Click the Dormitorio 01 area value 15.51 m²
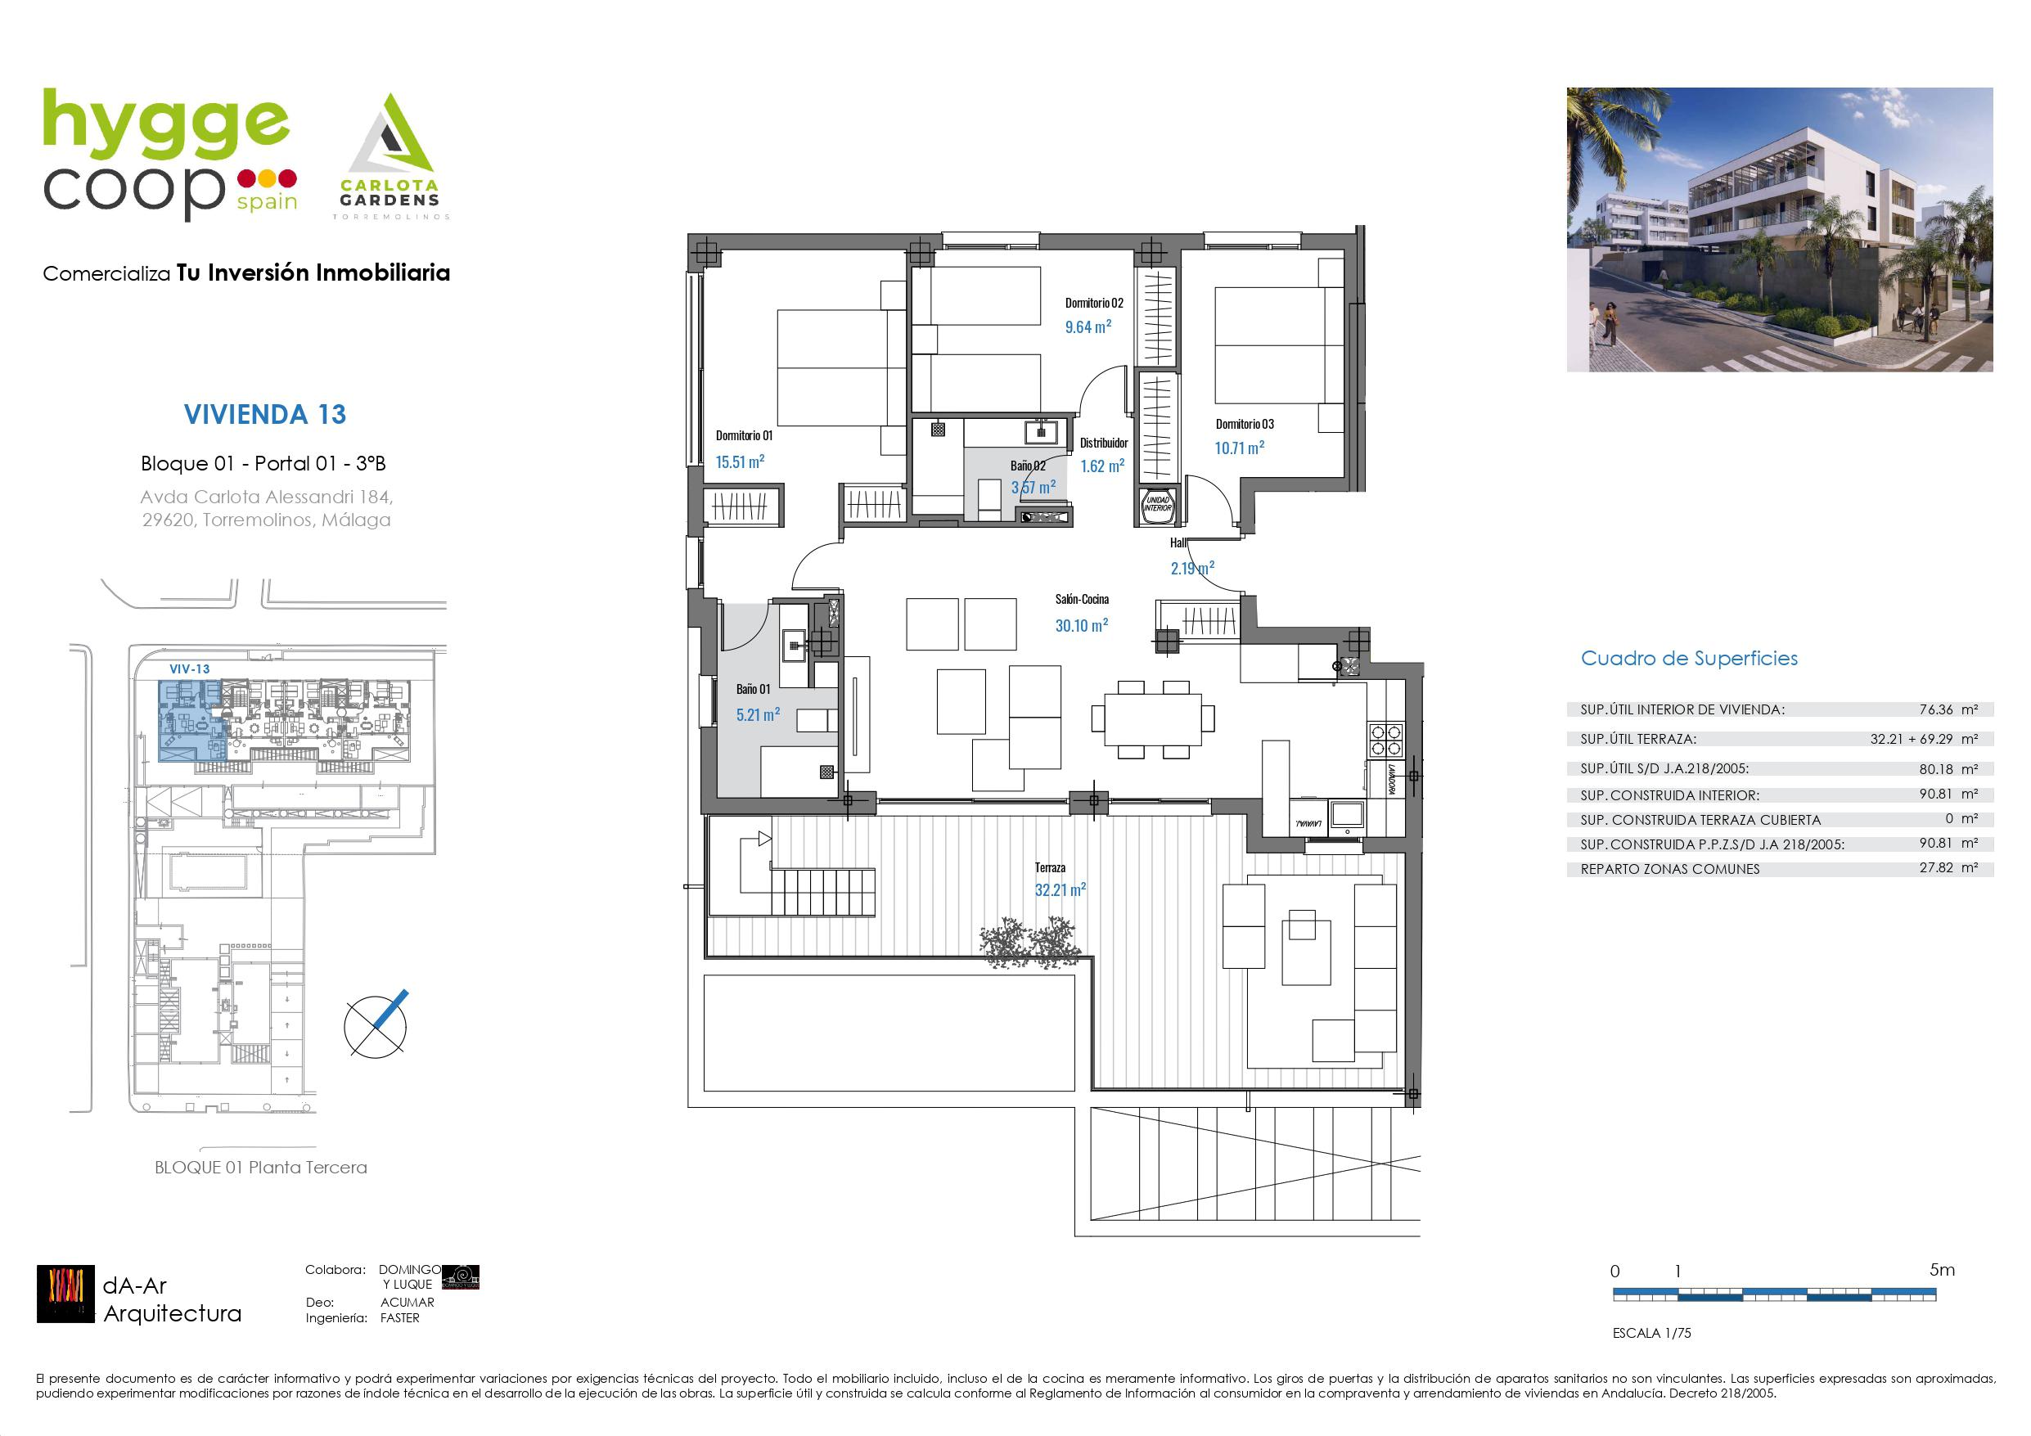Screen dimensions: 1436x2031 (x=740, y=461)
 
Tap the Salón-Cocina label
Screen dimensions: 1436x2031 (x=1081, y=600)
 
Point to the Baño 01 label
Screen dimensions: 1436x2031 (x=753, y=689)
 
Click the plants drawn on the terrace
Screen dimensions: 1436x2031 (x=1031, y=943)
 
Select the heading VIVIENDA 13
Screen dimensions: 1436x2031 (x=264, y=414)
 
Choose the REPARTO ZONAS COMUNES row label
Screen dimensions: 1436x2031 (x=1669, y=869)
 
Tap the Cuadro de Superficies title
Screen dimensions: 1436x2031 (x=1689, y=659)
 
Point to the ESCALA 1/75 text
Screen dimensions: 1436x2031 (x=1651, y=1332)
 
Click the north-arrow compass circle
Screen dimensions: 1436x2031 (x=376, y=1025)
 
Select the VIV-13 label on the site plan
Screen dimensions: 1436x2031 (x=189, y=668)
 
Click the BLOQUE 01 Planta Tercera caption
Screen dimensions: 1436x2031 (x=260, y=1167)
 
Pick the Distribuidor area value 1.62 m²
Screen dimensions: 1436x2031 (x=1102, y=466)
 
